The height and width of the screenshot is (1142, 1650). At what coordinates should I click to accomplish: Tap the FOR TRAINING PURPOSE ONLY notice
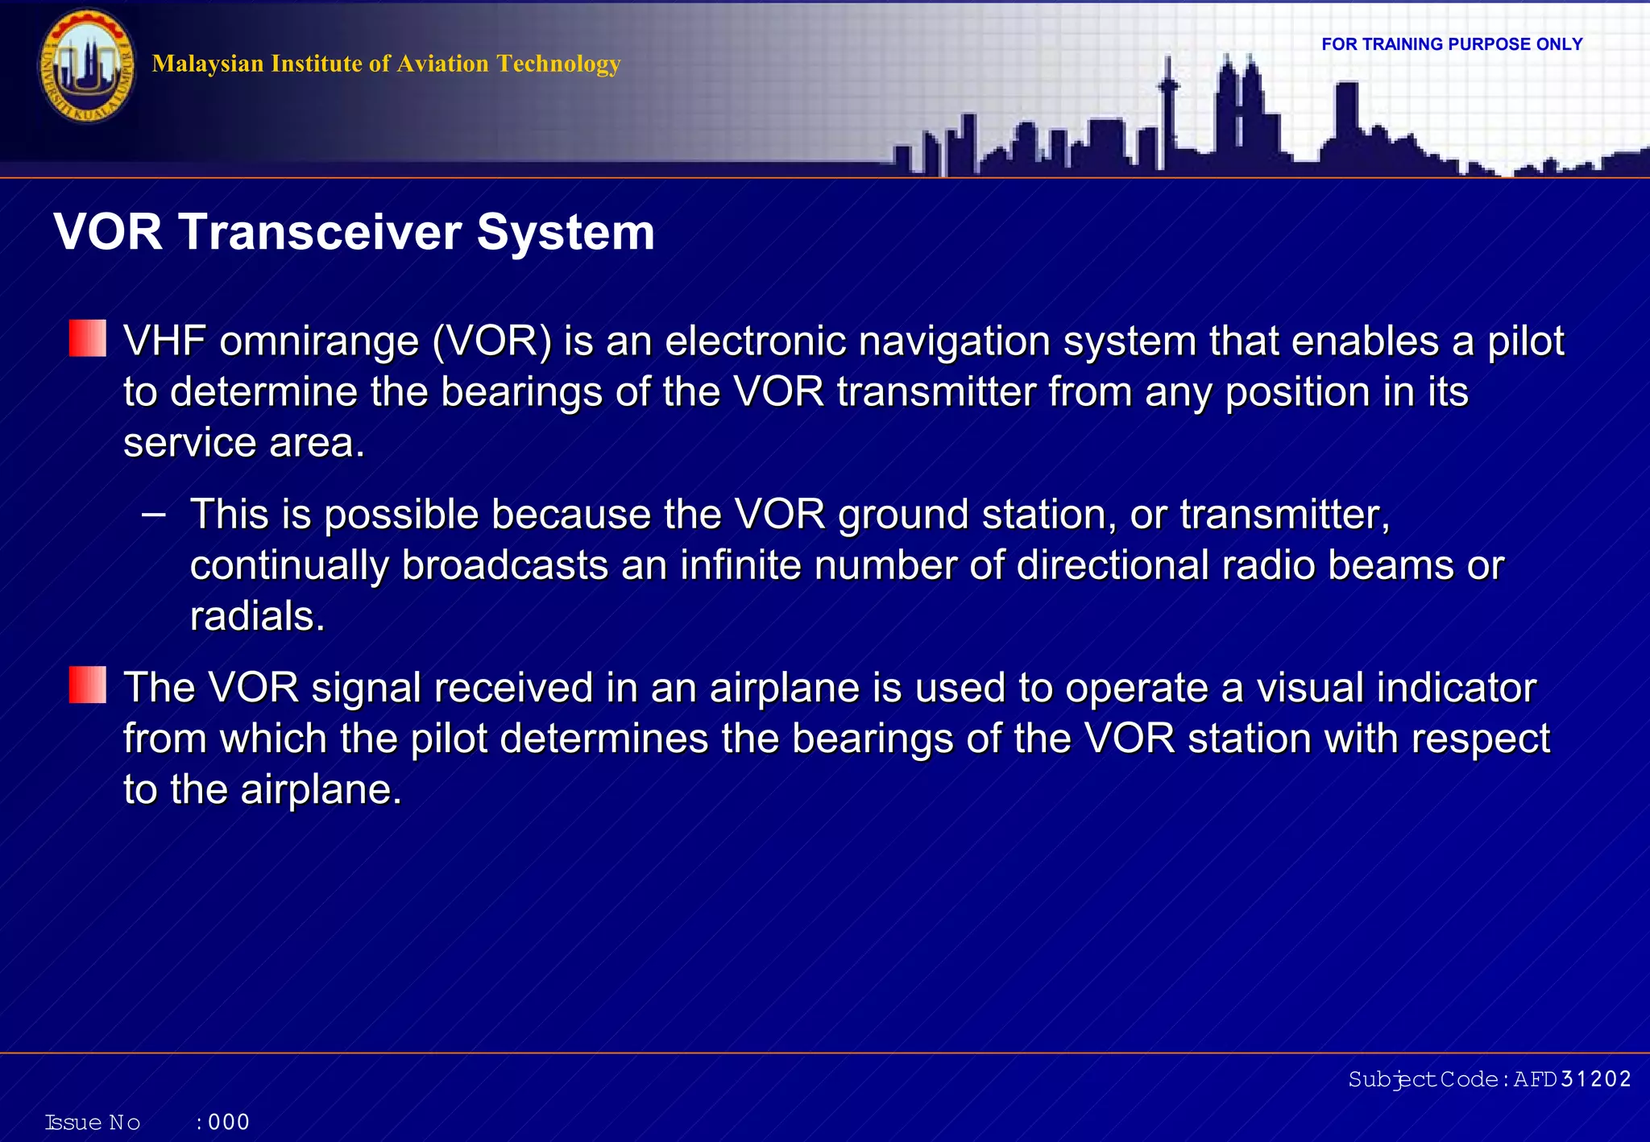click(x=1452, y=44)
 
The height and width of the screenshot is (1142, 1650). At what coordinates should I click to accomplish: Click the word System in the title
click(x=566, y=232)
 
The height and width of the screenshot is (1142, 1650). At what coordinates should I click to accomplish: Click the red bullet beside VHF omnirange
click(x=87, y=338)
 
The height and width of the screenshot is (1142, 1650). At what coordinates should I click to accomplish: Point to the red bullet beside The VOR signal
click(x=87, y=685)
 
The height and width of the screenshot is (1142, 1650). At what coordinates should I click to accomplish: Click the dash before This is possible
click(x=153, y=514)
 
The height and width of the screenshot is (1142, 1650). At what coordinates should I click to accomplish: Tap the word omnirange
click(x=319, y=341)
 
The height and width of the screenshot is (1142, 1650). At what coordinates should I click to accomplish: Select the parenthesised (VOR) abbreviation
click(x=492, y=341)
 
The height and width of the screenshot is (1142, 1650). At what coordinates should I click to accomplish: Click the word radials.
click(x=256, y=617)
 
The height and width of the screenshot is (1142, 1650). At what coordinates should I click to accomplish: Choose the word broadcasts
click(x=504, y=565)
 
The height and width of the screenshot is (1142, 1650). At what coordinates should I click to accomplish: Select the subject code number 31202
click(x=1595, y=1079)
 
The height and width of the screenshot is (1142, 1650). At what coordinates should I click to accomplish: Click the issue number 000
click(x=229, y=1122)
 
